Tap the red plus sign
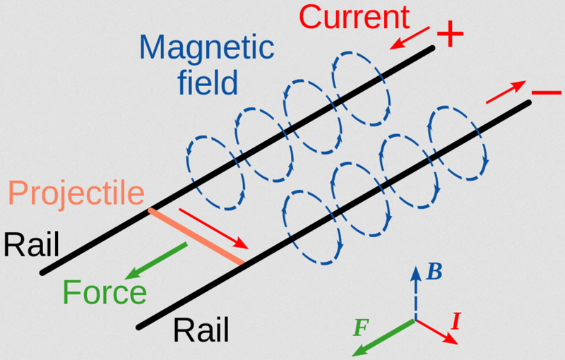pyautogui.click(x=450, y=34)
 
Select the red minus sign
pyautogui.click(x=546, y=93)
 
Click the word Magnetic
pyautogui.click(x=207, y=47)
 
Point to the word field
pyautogui.click(x=208, y=81)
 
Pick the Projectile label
pyautogui.click(x=76, y=193)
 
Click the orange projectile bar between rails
pyautogui.click(x=197, y=236)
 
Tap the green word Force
pyautogui.click(x=105, y=292)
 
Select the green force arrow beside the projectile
pyautogui.click(x=155, y=261)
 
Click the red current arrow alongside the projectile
pyautogui.click(x=214, y=229)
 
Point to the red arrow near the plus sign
pyautogui.click(x=410, y=38)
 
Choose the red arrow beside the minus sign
pyautogui.click(x=506, y=92)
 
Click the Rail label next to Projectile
pyautogui.click(x=31, y=245)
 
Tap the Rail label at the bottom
pyautogui.click(x=201, y=330)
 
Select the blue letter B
pyautogui.click(x=434, y=272)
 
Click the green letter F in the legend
pyautogui.click(x=361, y=328)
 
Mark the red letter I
pyautogui.click(x=456, y=321)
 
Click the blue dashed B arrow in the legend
pyautogui.click(x=416, y=293)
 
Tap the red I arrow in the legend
pyautogui.click(x=436, y=332)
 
